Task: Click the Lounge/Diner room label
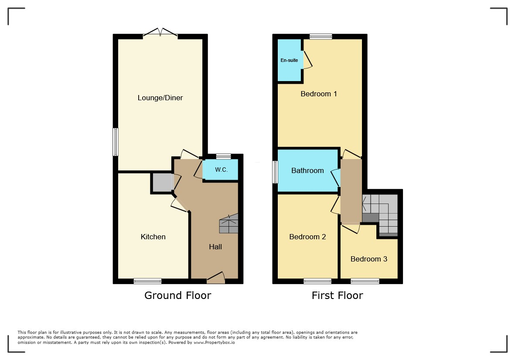(160, 98)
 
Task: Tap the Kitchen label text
(153, 237)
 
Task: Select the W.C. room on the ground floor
(221, 170)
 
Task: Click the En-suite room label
(289, 61)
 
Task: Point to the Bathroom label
(307, 171)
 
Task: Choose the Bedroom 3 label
(369, 259)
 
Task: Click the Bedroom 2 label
(307, 237)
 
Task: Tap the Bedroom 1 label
(319, 94)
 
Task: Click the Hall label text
(215, 247)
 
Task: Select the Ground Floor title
(177, 295)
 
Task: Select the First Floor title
(338, 295)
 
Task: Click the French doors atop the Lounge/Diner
(160, 33)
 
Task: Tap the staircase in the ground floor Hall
(229, 224)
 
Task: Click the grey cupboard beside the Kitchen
(162, 183)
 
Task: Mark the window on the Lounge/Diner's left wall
(116, 142)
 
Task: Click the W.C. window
(223, 156)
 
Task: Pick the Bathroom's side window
(275, 172)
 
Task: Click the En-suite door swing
(307, 60)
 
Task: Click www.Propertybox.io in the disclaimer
(214, 343)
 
